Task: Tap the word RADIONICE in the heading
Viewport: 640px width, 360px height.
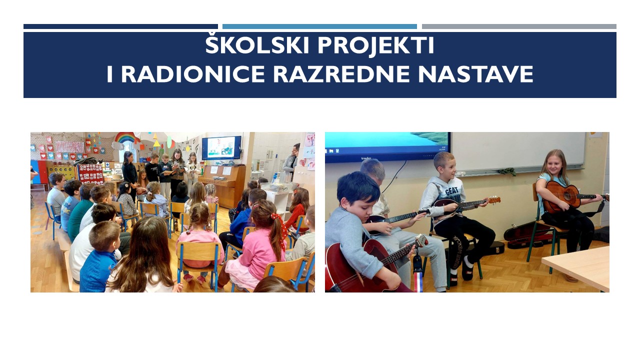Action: tap(194, 74)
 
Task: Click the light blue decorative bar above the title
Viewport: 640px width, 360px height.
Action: tap(319, 26)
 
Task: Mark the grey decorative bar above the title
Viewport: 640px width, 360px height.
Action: tap(519, 26)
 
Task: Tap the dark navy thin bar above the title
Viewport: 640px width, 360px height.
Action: tap(120, 26)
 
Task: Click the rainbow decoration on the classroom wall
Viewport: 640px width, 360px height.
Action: tap(126, 137)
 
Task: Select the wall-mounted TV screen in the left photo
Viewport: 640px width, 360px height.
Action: tap(221, 147)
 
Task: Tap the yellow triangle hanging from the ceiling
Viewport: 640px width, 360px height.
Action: tap(156, 143)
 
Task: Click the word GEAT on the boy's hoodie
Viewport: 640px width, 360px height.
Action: tap(451, 190)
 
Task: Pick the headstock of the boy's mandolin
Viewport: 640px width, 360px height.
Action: tap(493, 200)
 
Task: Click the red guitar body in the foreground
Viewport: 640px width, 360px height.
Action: tap(357, 265)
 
